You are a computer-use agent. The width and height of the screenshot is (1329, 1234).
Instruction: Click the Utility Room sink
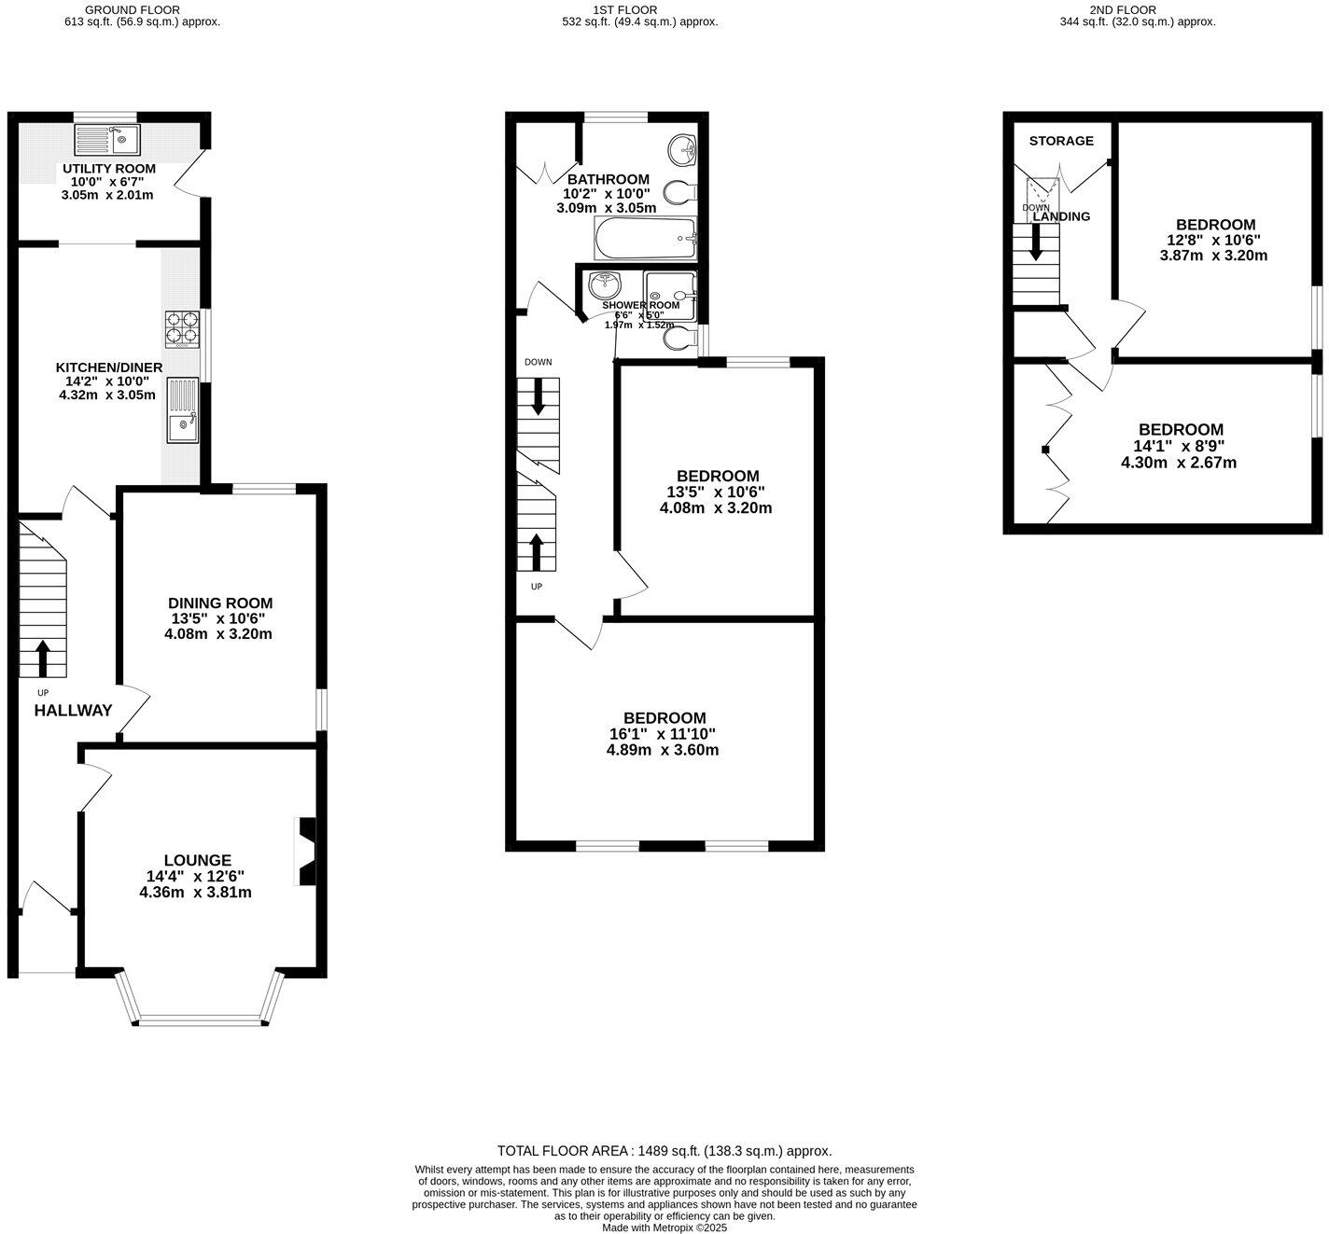tap(106, 141)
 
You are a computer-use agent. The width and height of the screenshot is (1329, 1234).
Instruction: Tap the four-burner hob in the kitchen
tap(183, 328)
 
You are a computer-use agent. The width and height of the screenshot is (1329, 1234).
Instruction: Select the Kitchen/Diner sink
tap(183, 410)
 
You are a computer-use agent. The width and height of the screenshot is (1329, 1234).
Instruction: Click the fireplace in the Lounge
tap(305, 851)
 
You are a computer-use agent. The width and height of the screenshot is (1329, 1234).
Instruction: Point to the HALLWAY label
tap(73, 711)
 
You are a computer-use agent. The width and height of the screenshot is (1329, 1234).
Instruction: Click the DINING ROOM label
tap(220, 603)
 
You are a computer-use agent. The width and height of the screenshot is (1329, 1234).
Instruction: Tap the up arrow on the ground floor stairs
tap(43, 658)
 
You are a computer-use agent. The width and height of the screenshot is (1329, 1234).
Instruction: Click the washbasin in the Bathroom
tap(683, 148)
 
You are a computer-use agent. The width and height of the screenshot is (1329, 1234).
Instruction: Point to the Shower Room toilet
tap(679, 340)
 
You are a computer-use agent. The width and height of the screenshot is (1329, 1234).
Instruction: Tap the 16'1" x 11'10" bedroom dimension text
tap(664, 734)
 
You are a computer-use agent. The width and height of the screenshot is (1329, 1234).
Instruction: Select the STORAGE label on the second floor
tap(1061, 141)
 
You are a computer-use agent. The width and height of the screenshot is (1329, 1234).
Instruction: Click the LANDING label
tap(1061, 216)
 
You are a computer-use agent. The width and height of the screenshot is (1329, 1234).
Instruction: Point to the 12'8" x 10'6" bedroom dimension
tap(1214, 240)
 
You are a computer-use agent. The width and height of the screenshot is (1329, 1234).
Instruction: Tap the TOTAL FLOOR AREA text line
tap(664, 1151)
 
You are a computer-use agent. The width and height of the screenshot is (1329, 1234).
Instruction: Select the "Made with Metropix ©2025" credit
tap(664, 1227)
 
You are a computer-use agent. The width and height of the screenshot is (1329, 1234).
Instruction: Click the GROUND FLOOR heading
tap(132, 10)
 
